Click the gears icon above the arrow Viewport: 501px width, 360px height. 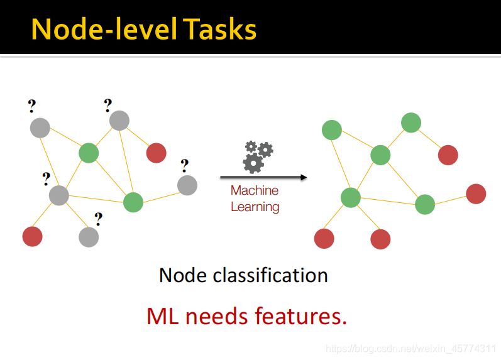257,156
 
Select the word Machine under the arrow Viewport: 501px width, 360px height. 255,190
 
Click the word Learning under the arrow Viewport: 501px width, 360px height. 255,206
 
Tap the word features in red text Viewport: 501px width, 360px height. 301,315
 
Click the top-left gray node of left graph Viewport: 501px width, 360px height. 40,128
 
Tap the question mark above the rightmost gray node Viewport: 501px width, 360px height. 184,165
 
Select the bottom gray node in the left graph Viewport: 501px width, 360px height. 89,237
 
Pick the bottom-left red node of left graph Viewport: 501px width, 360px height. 32,236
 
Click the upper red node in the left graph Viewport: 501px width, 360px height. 156,153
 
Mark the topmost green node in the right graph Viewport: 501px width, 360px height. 411,123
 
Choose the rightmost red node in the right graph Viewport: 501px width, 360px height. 476,194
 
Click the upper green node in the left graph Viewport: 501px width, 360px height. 89,153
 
